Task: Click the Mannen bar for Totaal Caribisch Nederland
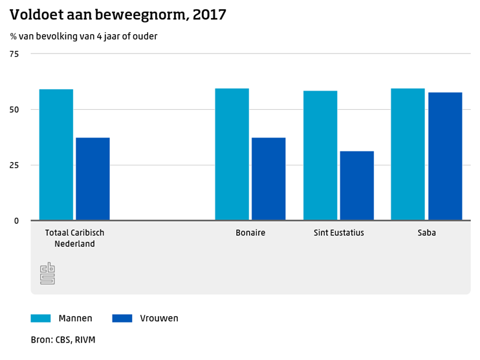tap(56, 154)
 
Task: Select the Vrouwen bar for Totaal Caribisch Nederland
tap(93, 179)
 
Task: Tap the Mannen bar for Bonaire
tap(232, 154)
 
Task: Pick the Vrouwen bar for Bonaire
tap(268, 179)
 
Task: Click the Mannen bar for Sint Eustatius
tap(320, 156)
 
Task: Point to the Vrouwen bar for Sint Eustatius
tap(357, 185)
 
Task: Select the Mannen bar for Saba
tap(408, 154)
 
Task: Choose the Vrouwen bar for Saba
tap(445, 156)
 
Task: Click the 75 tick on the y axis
tap(14, 54)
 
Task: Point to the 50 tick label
tap(14, 110)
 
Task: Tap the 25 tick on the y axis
tap(14, 165)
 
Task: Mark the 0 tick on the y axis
tap(17, 221)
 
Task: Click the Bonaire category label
tap(250, 233)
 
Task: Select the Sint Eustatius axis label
tap(339, 233)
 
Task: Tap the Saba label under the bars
tap(427, 233)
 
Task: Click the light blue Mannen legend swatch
tap(41, 318)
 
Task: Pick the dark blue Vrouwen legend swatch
tap(122, 318)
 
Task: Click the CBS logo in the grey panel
tap(47, 273)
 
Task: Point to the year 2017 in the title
tap(210, 15)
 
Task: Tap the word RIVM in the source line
tap(85, 340)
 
